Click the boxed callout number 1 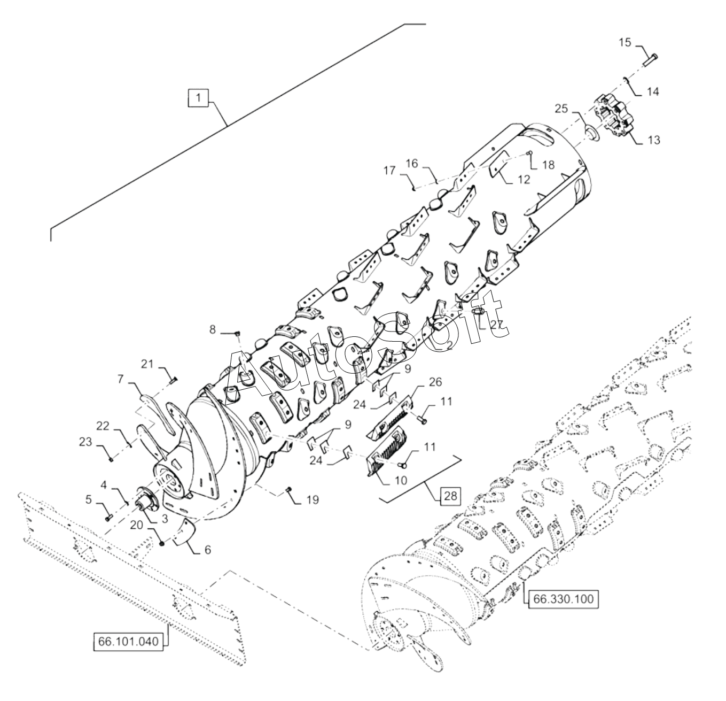click(x=198, y=98)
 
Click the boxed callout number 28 click(x=451, y=496)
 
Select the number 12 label click(x=524, y=179)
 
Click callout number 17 click(x=389, y=171)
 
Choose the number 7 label click(x=120, y=379)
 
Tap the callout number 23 click(x=85, y=442)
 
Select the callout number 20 click(x=137, y=525)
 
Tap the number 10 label click(x=401, y=480)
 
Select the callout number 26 click(x=435, y=382)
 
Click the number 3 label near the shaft click(x=165, y=519)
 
